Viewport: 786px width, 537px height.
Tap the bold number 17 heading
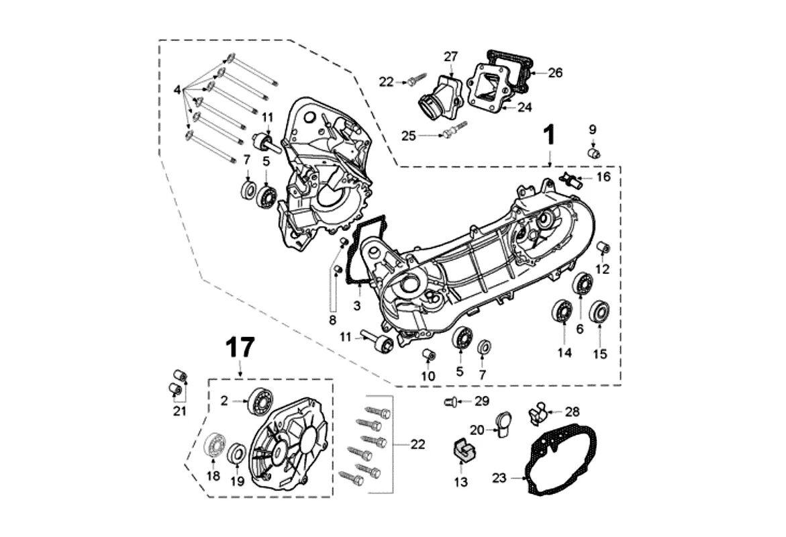click(x=240, y=348)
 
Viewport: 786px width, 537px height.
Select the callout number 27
click(x=450, y=56)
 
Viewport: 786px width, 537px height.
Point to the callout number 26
click(x=554, y=72)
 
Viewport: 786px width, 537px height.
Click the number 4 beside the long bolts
click(x=177, y=90)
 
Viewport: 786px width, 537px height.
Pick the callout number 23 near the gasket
click(x=499, y=478)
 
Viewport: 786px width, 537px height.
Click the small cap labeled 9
click(x=593, y=154)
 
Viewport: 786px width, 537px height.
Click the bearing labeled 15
click(x=598, y=313)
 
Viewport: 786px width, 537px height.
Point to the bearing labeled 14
click(x=561, y=313)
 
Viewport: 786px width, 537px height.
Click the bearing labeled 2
click(x=258, y=401)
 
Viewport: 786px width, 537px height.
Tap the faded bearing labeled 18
click(x=215, y=446)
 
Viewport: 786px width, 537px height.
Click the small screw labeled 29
click(x=450, y=402)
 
